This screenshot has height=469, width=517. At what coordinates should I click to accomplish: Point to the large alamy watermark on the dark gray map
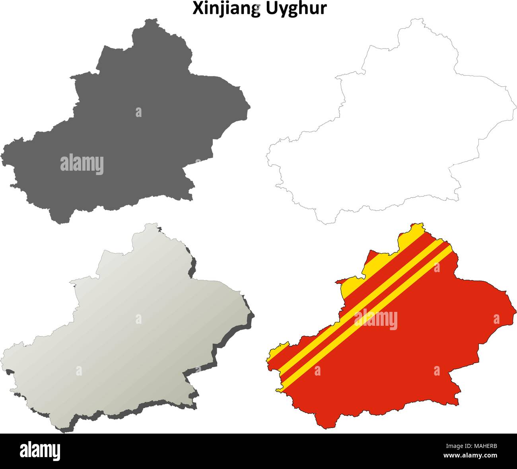[x=82, y=164]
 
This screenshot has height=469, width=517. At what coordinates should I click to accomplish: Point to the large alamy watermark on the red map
[x=375, y=319]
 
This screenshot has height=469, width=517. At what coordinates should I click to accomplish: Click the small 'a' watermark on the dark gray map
[x=138, y=112]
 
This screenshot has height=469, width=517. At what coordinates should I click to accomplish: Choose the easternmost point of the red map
[x=516, y=309]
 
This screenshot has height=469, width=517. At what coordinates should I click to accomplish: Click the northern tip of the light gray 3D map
[x=149, y=224]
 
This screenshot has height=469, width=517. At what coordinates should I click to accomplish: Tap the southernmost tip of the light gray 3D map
[x=62, y=430]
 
